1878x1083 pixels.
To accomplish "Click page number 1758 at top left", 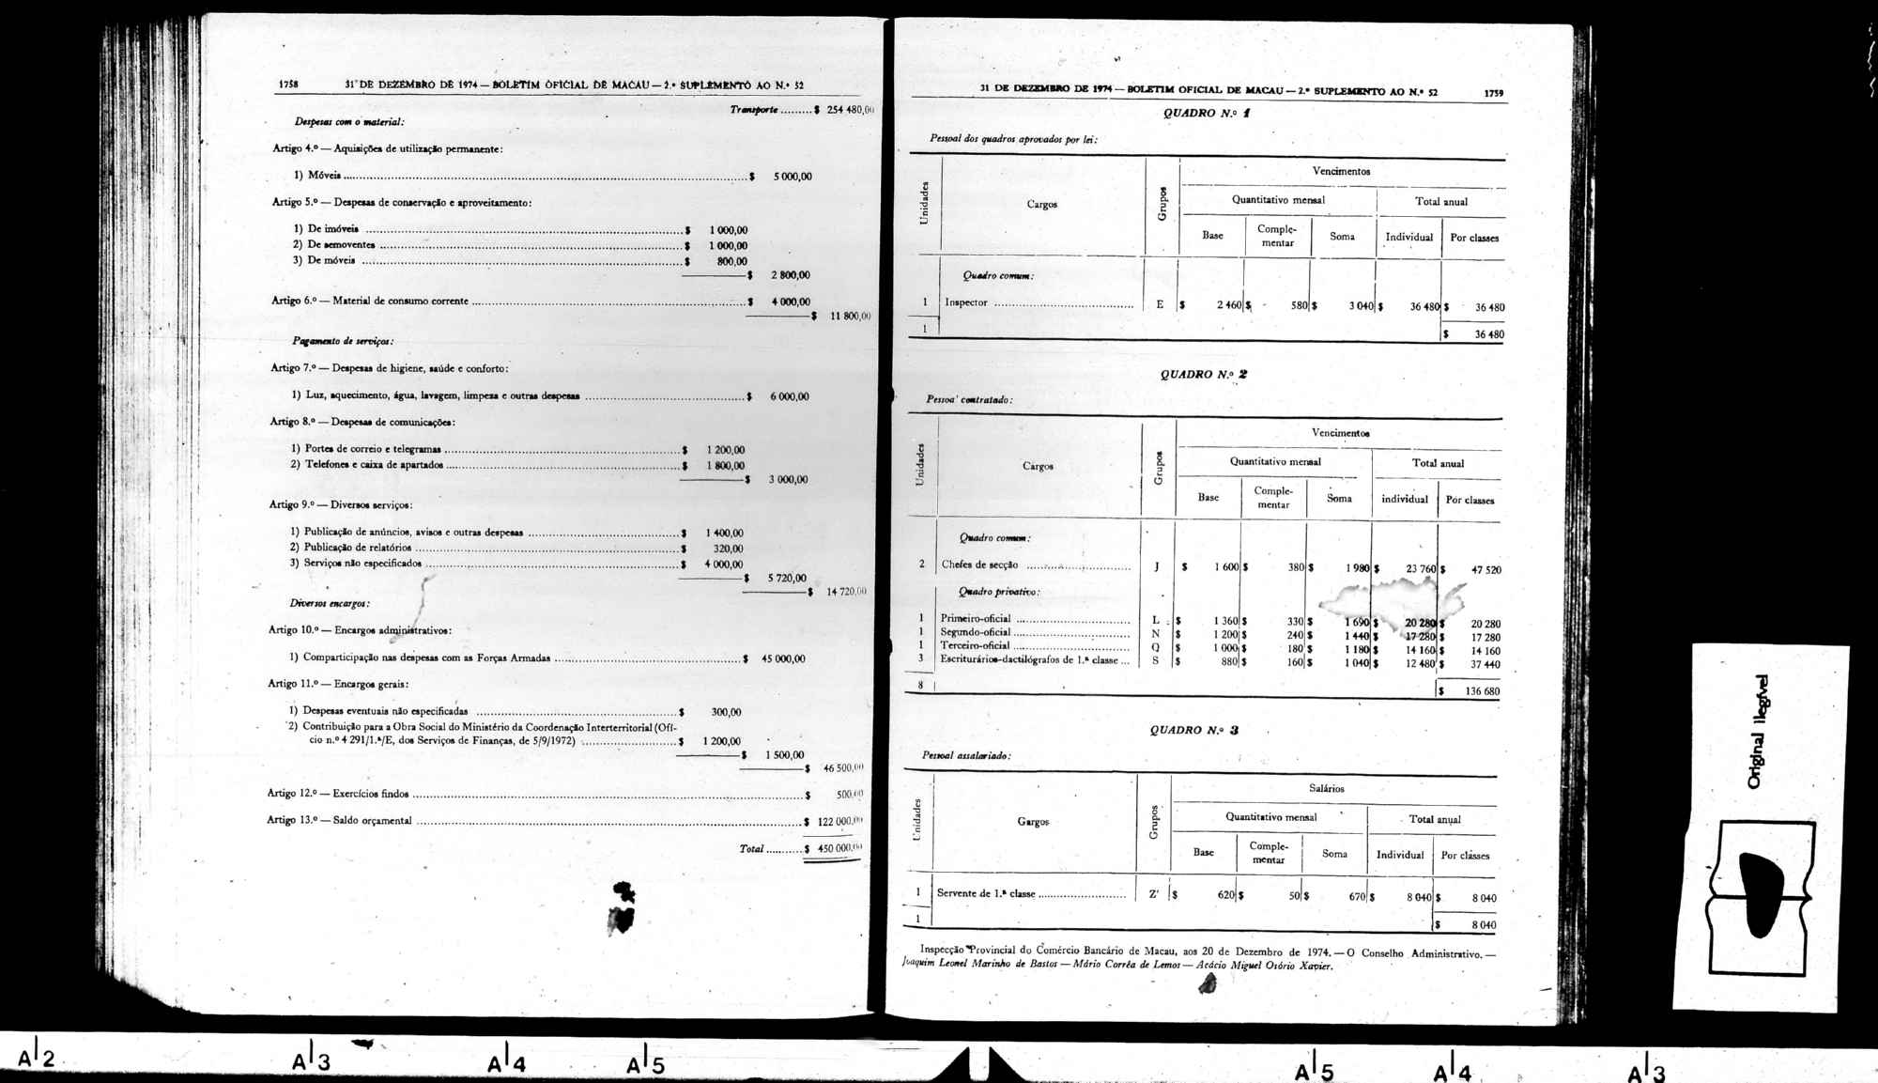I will [x=288, y=85].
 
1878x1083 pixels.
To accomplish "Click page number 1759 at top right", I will [x=1493, y=93].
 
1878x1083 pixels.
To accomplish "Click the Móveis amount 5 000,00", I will [x=793, y=177].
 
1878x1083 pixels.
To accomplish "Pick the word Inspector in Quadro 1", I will [x=966, y=302].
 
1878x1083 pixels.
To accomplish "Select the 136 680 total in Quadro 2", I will [x=1482, y=691].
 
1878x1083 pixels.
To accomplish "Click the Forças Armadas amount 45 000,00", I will [x=783, y=658].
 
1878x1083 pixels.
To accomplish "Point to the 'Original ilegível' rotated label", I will [x=1758, y=732].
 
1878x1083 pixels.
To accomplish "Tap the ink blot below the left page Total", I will [x=622, y=909].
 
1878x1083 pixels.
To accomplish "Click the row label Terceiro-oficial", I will [x=975, y=645].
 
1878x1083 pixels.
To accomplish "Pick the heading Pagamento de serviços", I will [x=343, y=341].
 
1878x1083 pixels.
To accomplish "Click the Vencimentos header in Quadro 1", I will [x=1341, y=171].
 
